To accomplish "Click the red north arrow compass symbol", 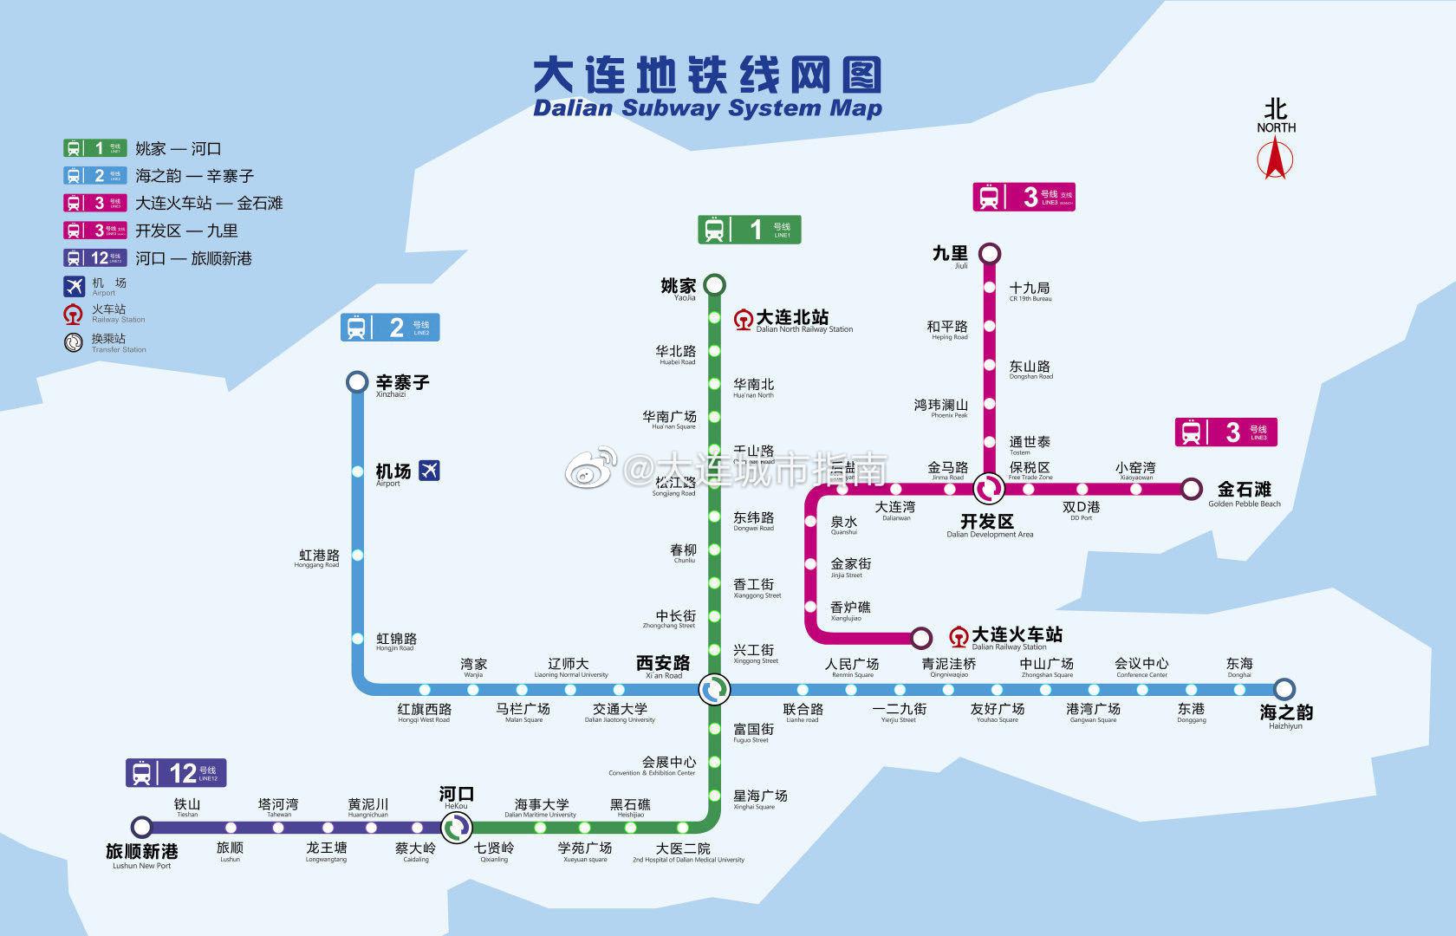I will tap(1275, 160).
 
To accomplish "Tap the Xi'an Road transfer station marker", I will tap(714, 690).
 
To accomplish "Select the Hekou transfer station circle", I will tap(456, 827).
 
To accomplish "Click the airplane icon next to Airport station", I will tap(429, 471).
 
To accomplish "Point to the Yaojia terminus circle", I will tap(714, 284).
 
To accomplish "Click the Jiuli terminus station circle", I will tap(989, 254).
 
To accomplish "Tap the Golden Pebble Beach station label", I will tap(1244, 493).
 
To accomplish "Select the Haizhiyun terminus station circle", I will tap(1284, 689).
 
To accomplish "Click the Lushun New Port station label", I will tap(142, 855).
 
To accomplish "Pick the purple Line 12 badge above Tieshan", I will tap(176, 772).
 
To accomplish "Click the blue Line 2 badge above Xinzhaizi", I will tap(389, 328).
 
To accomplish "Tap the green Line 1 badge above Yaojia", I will tap(750, 230).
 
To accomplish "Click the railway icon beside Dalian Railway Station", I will tap(959, 637).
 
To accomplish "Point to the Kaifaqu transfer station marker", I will tap(988, 490).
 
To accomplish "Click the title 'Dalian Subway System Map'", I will tap(707, 109).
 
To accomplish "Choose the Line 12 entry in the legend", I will tap(159, 258).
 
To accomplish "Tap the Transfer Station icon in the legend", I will tap(74, 341).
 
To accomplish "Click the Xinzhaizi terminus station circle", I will tap(356, 382).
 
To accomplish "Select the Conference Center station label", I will tap(1141, 667).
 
